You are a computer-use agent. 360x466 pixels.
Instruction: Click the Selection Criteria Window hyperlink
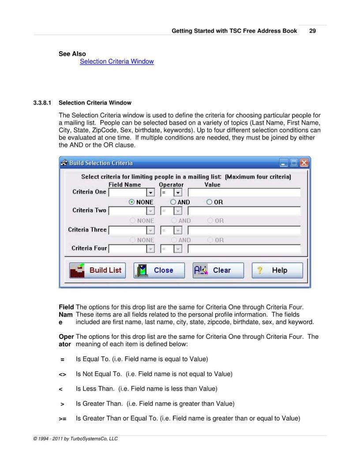(x=116, y=61)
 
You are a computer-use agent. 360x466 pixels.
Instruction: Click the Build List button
(x=97, y=270)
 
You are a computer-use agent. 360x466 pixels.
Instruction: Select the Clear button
(x=218, y=270)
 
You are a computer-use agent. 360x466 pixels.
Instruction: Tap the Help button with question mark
(x=277, y=270)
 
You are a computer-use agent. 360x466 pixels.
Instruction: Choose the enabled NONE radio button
(x=132, y=202)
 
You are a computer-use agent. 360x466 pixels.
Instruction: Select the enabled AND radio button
(x=173, y=202)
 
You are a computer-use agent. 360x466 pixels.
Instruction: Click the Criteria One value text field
(x=244, y=192)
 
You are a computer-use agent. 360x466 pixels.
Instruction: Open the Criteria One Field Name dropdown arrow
(x=150, y=192)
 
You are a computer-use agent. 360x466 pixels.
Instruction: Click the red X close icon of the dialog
(x=304, y=163)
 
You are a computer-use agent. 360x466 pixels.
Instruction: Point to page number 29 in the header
(x=312, y=31)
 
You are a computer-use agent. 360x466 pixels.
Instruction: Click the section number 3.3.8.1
(x=42, y=103)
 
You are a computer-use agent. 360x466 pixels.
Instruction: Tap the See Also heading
(x=72, y=54)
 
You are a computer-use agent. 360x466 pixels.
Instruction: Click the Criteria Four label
(x=89, y=248)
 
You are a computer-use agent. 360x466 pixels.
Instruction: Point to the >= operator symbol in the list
(x=63, y=418)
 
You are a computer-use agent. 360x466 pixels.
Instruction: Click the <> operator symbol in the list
(x=62, y=374)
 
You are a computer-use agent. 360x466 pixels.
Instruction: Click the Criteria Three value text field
(x=244, y=230)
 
